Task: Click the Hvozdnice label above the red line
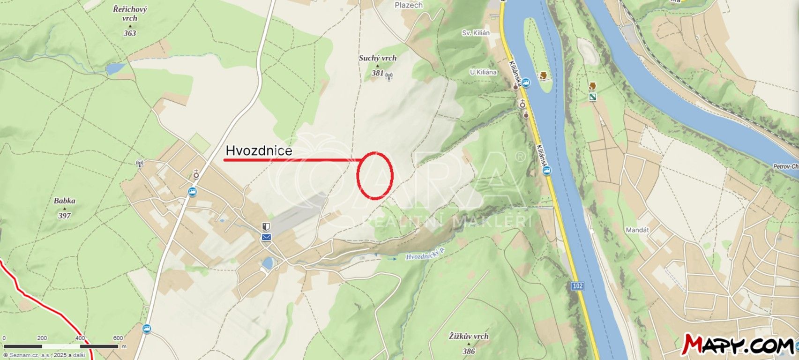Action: coord(259,150)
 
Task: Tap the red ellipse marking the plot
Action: coord(374,174)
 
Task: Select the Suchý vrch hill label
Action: coord(377,58)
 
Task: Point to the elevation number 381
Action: coord(377,73)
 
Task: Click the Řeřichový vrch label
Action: coord(130,14)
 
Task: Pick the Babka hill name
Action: coord(64,201)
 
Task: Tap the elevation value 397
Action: coord(64,216)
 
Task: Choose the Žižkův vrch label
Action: coord(468,336)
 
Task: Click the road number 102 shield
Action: coord(577,286)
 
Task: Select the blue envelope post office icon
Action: coord(266,237)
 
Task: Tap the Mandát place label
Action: coord(637,230)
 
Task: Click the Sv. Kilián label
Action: coord(476,33)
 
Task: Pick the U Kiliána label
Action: coord(483,72)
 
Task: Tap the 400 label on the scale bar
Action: coord(80,338)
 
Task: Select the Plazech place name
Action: coord(409,5)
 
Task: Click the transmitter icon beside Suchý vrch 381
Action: coord(389,75)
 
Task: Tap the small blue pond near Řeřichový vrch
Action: coord(115,69)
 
